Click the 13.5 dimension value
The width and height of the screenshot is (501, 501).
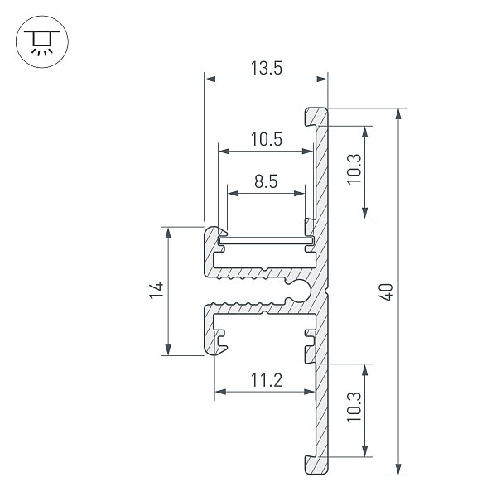coord(266,68)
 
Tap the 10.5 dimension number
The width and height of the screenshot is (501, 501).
coord(266,140)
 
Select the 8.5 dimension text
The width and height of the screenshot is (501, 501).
coord(266,181)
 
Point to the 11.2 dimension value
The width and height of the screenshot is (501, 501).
coord(266,380)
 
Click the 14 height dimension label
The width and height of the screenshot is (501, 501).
coord(157,290)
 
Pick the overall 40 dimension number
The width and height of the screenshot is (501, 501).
coord(386,292)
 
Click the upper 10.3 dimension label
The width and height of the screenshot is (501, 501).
coord(354,169)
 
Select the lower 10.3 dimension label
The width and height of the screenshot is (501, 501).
coord(354,407)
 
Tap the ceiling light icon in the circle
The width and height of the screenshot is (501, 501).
coord(42,41)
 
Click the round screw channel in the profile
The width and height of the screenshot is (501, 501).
coord(299,290)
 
